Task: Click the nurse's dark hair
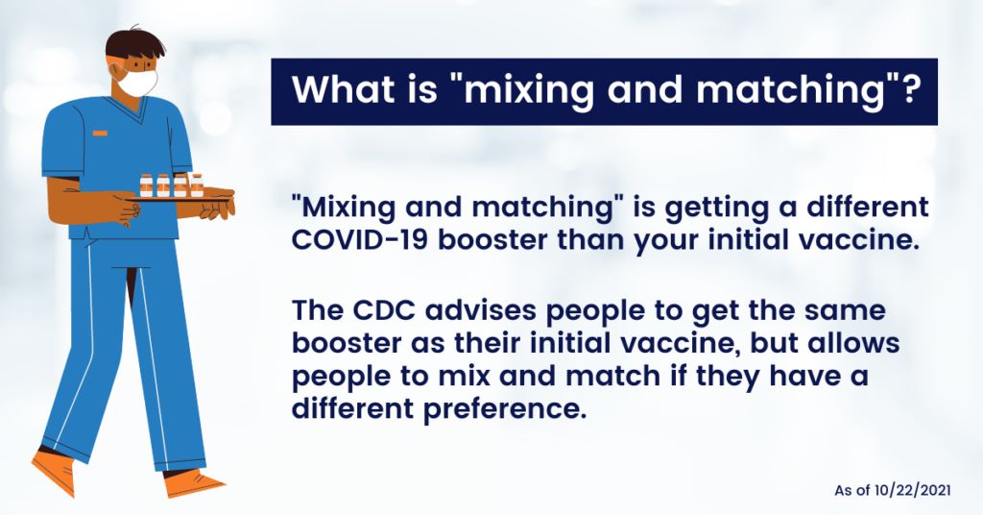[x=134, y=44]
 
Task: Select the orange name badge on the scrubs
[x=100, y=133]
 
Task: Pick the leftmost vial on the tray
[x=146, y=185]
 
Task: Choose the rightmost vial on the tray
[x=196, y=185]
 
